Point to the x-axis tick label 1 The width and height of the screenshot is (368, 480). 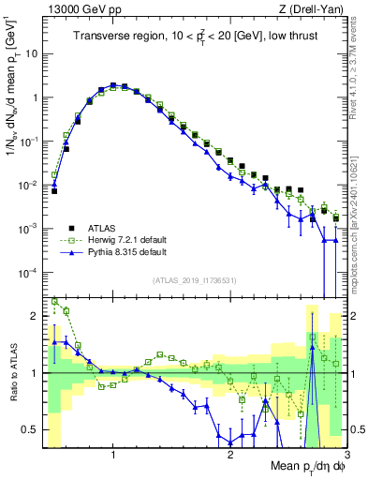[x=113, y=454]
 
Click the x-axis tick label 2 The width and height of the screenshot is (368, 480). [x=230, y=454]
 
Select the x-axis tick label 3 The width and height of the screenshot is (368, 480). [x=346, y=454]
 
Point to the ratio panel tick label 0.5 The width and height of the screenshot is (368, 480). [x=30, y=429]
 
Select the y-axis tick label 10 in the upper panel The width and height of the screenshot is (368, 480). [x=30, y=53]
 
